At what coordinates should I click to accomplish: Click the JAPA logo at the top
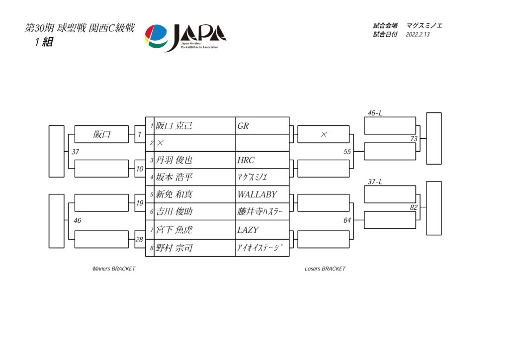(x=185, y=38)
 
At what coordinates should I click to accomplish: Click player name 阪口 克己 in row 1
(x=174, y=126)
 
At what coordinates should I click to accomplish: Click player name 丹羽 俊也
(x=174, y=160)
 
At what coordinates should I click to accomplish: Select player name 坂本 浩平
(x=174, y=177)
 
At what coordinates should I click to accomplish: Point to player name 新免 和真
(x=174, y=194)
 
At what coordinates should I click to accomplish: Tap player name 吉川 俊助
(x=174, y=212)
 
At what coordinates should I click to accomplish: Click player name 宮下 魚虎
(x=174, y=230)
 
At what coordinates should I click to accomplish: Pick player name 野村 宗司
(x=174, y=248)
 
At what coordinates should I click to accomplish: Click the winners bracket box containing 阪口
(x=101, y=134)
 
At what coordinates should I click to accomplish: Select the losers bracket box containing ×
(x=323, y=134)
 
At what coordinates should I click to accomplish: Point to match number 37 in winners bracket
(x=76, y=152)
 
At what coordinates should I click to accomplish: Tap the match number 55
(x=347, y=152)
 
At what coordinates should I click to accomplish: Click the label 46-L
(x=375, y=113)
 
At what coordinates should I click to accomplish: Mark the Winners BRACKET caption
(x=114, y=269)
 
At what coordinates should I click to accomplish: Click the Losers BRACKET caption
(x=325, y=269)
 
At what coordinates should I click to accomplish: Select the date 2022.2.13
(x=418, y=34)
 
